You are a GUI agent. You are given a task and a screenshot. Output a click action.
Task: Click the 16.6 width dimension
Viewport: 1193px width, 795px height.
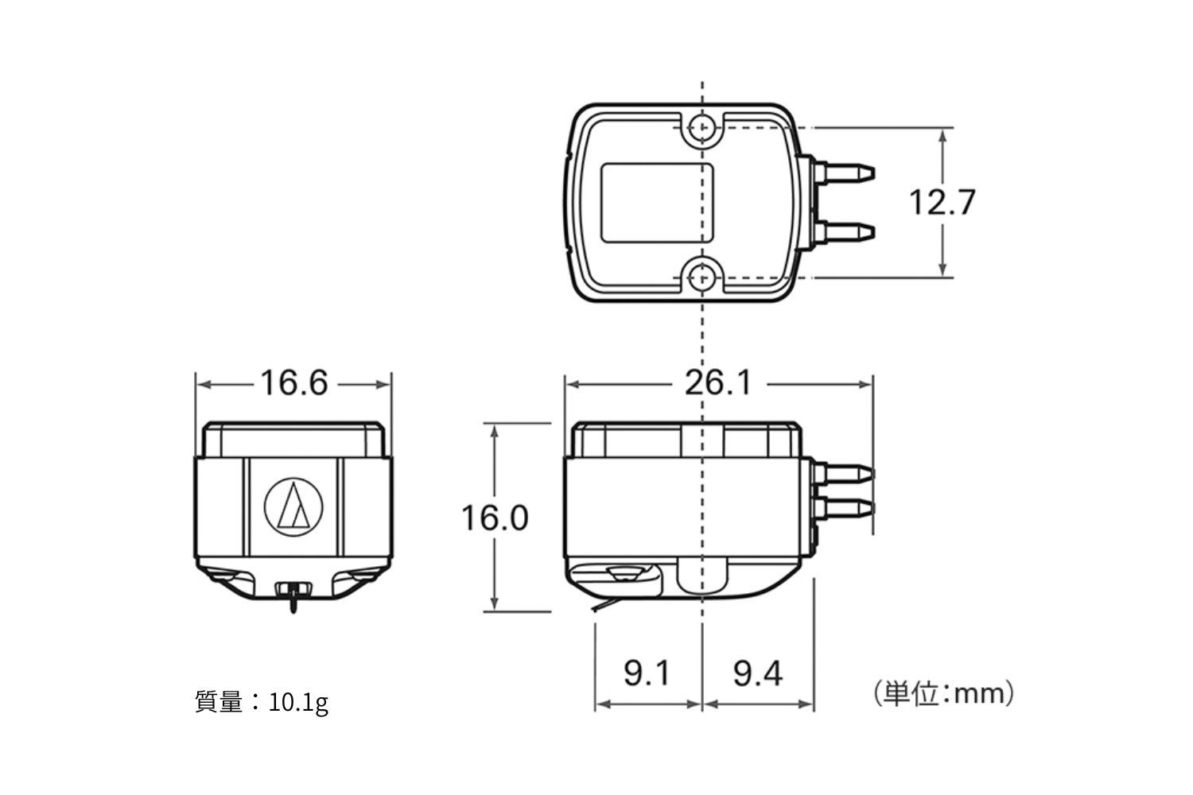[294, 383]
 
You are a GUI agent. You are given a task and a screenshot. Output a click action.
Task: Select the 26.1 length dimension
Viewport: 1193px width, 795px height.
[718, 383]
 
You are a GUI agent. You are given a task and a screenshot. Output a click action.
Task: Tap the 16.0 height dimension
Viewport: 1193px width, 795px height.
[495, 518]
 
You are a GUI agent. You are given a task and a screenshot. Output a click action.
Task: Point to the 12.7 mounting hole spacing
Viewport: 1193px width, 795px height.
[942, 203]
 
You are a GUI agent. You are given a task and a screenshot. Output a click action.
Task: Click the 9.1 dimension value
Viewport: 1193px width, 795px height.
[647, 673]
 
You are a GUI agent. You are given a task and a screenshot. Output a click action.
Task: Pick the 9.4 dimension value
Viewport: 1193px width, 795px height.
[758, 673]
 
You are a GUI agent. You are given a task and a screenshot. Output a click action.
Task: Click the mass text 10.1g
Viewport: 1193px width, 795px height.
[298, 704]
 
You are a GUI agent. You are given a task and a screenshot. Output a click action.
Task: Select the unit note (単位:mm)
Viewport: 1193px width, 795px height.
[943, 694]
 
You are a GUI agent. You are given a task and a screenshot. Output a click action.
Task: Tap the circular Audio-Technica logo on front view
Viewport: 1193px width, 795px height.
[293, 506]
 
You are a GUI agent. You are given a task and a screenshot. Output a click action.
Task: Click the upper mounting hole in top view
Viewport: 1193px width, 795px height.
[702, 128]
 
